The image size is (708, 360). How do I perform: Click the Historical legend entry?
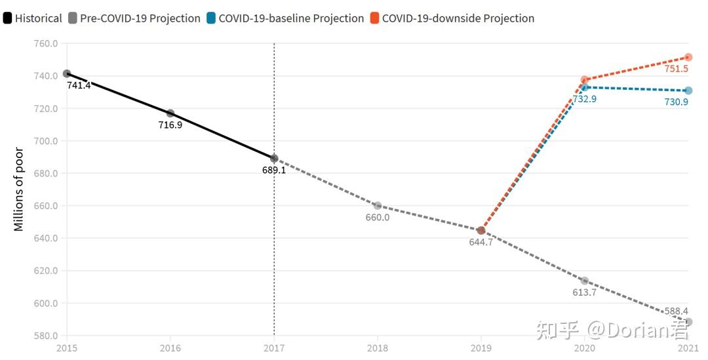[x=33, y=18]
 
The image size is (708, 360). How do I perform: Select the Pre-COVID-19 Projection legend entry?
[x=134, y=18]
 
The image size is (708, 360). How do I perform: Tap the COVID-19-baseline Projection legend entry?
[x=285, y=18]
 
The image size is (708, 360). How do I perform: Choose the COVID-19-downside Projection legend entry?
[x=452, y=18]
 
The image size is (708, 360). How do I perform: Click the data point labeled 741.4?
[x=67, y=73]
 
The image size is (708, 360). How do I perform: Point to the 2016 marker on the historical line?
[x=170, y=113]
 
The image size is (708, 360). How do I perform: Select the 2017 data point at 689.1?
[x=274, y=158]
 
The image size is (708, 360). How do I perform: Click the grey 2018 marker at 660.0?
[x=378, y=206]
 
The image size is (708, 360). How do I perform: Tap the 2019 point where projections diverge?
[x=481, y=230]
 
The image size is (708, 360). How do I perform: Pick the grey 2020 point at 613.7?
[x=585, y=281]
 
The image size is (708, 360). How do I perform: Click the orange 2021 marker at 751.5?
[x=688, y=57]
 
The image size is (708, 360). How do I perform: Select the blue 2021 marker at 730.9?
[x=688, y=90]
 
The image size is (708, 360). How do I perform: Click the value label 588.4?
[x=676, y=311]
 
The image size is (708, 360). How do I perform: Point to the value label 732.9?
[x=585, y=99]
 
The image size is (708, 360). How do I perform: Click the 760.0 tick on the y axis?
[x=46, y=44]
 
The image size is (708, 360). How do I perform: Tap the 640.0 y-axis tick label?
[x=46, y=238]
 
